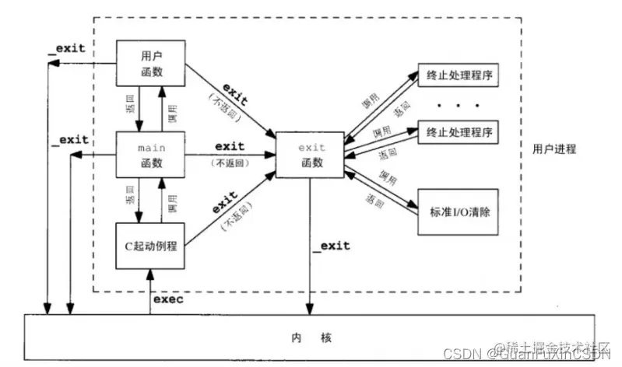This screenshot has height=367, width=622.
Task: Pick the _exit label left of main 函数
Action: (x=69, y=140)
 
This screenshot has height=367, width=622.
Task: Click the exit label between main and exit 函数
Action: (x=229, y=145)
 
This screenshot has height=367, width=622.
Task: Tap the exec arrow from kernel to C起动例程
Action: (x=149, y=292)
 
